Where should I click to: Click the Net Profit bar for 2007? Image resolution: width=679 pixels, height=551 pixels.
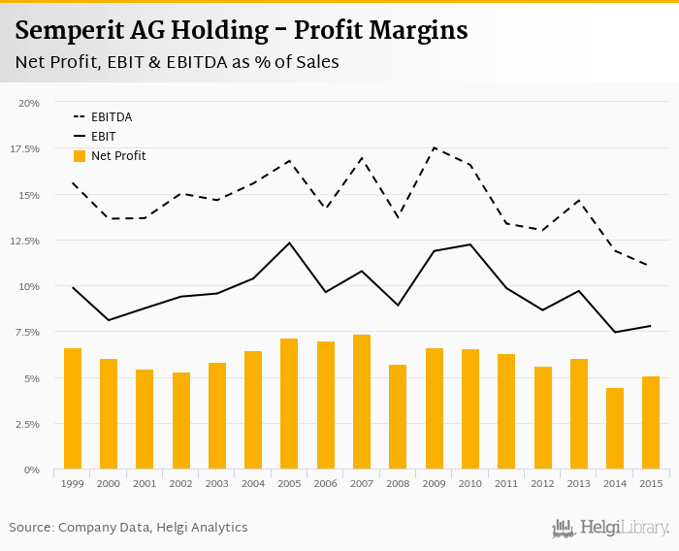pos(361,403)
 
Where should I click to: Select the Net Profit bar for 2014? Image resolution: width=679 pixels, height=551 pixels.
pos(614,429)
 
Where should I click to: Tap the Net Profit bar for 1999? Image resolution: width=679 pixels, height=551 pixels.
pos(73,408)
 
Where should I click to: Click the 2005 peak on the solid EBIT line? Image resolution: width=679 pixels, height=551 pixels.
pos(289,243)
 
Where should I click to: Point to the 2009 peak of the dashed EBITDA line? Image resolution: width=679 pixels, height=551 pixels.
pos(434,147)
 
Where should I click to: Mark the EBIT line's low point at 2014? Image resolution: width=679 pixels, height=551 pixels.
pos(614,333)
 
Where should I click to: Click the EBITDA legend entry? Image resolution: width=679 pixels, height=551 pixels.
pos(112,117)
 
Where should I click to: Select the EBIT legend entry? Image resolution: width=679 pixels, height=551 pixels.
pos(102,137)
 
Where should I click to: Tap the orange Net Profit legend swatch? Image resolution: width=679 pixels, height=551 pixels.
pos(80,156)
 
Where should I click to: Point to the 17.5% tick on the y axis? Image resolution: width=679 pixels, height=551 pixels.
pos(25,148)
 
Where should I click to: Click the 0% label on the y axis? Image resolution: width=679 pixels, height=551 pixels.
pos(32,470)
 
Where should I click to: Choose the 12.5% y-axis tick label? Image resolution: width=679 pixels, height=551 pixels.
pos(25,241)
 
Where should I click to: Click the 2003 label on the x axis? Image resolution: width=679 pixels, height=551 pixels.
pos(216,483)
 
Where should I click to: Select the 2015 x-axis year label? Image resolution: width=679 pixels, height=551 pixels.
pos(650,483)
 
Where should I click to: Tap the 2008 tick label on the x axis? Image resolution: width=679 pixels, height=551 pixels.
pos(398,483)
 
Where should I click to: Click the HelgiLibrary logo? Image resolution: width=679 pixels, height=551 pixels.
pos(611,529)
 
